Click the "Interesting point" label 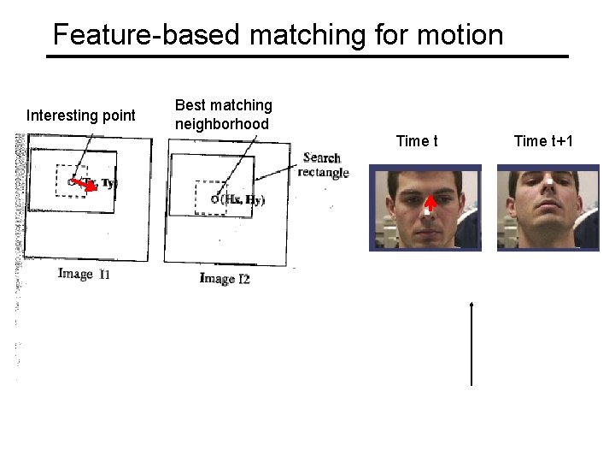[81, 115]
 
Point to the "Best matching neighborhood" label [223, 115]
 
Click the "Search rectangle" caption [323, 164]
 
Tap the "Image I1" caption [84, 274]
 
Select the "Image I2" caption [225, 278]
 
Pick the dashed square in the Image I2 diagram [210, 197]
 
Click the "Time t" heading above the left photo [417, 139]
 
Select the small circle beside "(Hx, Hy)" [214, 200]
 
